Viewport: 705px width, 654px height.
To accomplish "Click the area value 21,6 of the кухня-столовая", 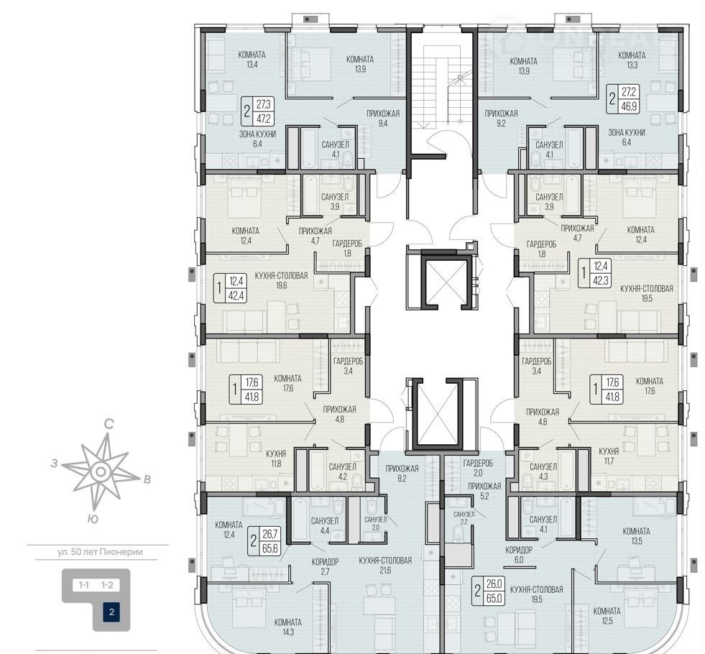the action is (385, 571).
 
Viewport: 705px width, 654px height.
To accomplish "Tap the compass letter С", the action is (109, 424).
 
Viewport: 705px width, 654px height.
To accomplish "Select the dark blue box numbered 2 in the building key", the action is (111, 612).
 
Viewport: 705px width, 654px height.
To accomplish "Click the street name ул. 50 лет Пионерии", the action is (101, 552).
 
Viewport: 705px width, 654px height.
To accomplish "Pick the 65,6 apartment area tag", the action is (270, 547).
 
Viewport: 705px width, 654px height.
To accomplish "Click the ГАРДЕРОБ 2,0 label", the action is (478, 467).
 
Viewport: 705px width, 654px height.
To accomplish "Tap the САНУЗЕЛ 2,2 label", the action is (464, 517).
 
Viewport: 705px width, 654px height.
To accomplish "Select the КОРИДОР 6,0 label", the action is (519, 555).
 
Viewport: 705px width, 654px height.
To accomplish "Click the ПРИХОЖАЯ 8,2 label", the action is (402, 474).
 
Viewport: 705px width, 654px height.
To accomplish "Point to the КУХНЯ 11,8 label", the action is (276, 459).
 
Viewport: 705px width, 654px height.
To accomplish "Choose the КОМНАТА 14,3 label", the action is (287, 627).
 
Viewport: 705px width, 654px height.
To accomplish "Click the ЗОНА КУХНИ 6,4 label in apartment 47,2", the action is (257, 139).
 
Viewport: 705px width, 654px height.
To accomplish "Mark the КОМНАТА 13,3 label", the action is (632, 60).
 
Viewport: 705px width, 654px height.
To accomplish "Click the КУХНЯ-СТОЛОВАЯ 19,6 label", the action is (281, 280).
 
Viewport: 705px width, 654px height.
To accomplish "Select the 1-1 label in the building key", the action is (83, 585).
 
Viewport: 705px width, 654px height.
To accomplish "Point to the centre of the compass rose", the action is (101, 471).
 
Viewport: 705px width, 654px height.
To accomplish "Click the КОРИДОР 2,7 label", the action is (325, 566).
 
